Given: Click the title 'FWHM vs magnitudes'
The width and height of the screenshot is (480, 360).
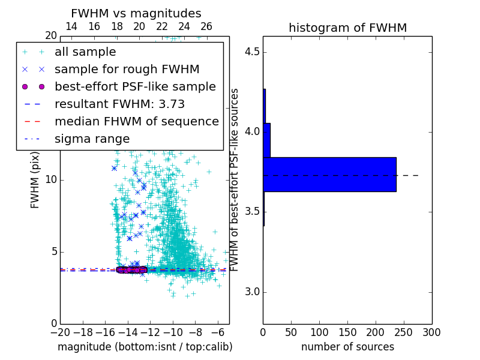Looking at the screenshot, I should (x=136, y=13).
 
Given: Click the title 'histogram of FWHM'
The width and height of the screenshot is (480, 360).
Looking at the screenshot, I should (x=347, y=28).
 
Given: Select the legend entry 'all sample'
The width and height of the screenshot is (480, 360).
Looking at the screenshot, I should (x=85, y=52).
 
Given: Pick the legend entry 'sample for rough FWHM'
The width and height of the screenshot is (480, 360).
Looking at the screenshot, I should (x=127, y=70).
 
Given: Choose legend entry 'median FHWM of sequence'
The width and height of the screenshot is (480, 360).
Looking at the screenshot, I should (x=136, y=121).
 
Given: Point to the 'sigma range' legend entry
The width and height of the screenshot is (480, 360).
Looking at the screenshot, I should (x=92, y=139).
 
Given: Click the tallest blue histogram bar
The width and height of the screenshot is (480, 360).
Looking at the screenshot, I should (x=329, y=175).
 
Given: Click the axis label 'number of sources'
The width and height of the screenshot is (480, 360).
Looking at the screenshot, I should (x=347, y=347).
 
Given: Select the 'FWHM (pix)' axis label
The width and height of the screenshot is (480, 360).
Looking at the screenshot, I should (x=35, y=179).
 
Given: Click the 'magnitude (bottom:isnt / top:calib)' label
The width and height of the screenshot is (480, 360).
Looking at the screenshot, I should (x=145, y=347).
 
